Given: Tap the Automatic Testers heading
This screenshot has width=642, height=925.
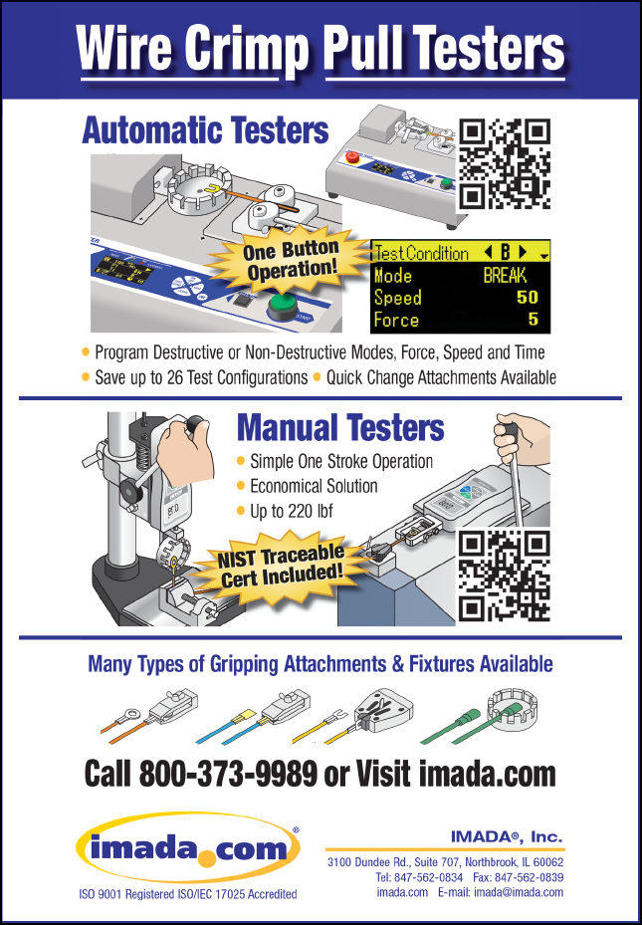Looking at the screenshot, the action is [x=205, y=130].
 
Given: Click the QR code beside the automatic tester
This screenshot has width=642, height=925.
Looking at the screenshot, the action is [x=504, y=164].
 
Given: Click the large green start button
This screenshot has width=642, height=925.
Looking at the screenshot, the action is [x=285, y=306].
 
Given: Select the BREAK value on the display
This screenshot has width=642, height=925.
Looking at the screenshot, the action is [x=506, y=276].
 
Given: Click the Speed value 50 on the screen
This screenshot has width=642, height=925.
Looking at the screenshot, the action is [x=528, y=298].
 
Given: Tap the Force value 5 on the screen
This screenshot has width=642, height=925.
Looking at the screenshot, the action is [x=533, y=320].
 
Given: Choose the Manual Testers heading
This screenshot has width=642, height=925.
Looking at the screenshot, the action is [x=340, y=427].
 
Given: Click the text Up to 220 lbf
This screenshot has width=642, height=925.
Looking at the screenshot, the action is [x=292, y=511].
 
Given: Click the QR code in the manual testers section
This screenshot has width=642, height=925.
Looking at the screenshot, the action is [x=504, y=575].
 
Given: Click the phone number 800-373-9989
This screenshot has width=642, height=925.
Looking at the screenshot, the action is [x=228, y=774].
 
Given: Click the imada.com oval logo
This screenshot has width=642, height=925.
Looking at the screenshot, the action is [x=188, y=847].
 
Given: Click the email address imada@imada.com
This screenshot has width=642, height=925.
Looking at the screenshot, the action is [x=519, y=892].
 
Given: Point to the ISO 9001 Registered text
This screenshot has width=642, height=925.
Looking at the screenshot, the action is [x=123, y=894].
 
